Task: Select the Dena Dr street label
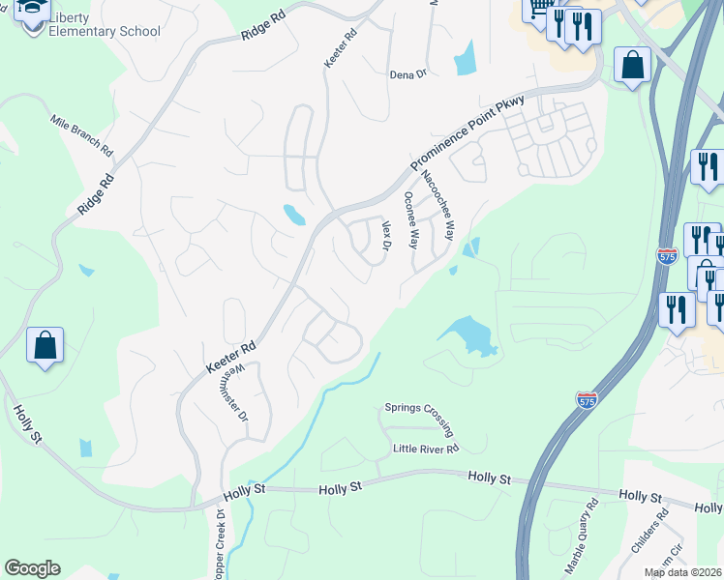click(x=407, y=74)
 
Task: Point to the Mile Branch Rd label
click(x=82, y=138)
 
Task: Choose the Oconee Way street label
click(x=410, y=219)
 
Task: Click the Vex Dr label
click(x=385, y=237)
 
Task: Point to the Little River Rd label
click(x=425, y=449)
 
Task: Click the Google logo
click(x=32, y=568)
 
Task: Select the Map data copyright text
click(x=683, y=572)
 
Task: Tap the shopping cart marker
click(x=538, y=9)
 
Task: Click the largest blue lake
click(x=468, y=335)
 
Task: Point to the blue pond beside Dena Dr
click(x=465, y=59)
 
